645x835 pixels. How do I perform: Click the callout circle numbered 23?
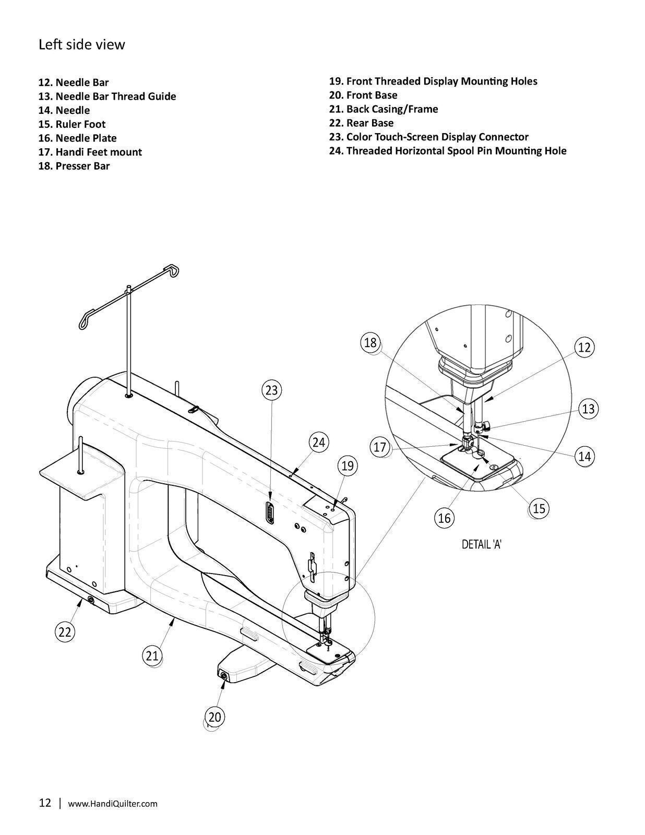(272, 390)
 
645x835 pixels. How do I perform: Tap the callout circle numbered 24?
(319, 443)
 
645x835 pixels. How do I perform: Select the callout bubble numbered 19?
(348, 466)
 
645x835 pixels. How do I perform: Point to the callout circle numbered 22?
(64, 632)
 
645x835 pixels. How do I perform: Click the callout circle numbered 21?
(152, 655)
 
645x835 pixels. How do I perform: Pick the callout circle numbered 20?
(214, 717)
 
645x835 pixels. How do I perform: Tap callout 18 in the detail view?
(371, 343)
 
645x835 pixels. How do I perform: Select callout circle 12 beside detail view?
(584, 348)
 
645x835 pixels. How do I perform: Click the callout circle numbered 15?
(539, 508)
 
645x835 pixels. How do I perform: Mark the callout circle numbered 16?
(444, 518)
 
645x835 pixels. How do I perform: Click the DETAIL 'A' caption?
(482, 544)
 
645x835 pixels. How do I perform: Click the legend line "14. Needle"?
(64, 110)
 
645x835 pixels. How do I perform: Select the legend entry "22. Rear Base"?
(361, 123)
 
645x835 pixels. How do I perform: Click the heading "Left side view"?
(82, 44)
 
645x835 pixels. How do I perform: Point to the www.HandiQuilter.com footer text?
(113, 804)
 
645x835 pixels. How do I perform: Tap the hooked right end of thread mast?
(174, 270)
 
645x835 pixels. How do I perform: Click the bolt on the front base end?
(224, 675)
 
